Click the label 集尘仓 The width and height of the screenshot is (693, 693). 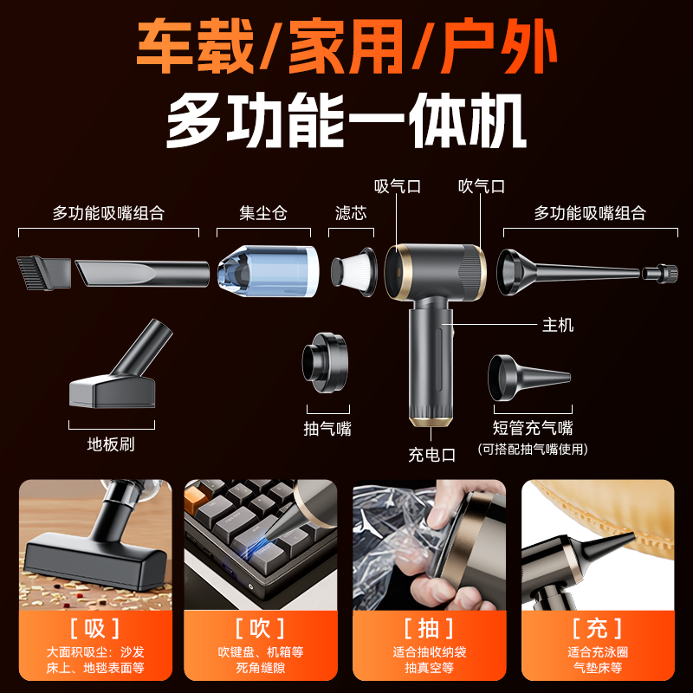click(262, 212)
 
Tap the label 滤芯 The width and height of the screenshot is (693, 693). click(350, 212)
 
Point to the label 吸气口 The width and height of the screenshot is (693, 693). click(398, 186)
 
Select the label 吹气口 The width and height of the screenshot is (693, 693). click(481, 186)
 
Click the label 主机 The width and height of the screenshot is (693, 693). click(558, 326)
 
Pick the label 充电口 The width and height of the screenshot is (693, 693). click(432, 455)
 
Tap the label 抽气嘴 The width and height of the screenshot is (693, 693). click(327, 428)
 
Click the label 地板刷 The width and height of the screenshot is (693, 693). click(111, 445)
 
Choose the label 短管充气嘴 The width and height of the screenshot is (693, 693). click(532, 428)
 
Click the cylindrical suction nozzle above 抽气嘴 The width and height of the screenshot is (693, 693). click(326, 364)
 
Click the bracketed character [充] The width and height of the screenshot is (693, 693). click(597, 627)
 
